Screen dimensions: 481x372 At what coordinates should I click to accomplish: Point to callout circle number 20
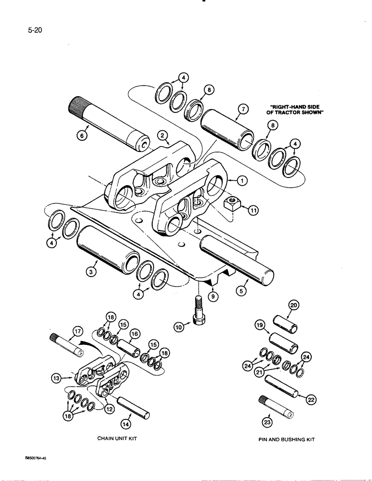(293, 305)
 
